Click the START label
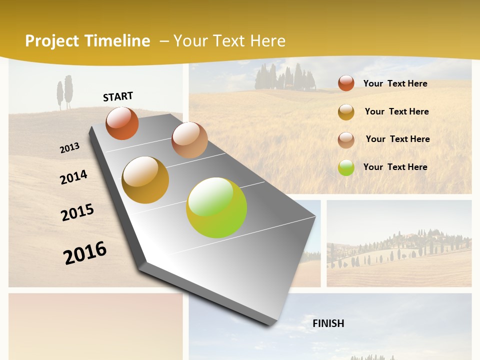(x=118, y=96)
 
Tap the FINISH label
(x=328, y=323)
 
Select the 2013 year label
(x=69, y=148)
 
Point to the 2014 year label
(x=73, y=177)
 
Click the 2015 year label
(x=77, y=212)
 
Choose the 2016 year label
(x=85, y=252)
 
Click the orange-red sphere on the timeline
(x=122, y=123)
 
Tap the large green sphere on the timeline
(x=216, y=207)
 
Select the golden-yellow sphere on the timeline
(x=145, y=180)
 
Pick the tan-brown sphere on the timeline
(x=189, y=140)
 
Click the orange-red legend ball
(x=346, y=83)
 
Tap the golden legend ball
(x=346, y=112)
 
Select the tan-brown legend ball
(x=346, y=140)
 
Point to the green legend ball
(x=346, y=167)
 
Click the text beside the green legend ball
(x=395, y=167)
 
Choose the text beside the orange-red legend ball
(x=395, y=83)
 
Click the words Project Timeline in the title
(x=87, y=41)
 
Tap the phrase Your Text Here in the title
(x=229, y=41)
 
